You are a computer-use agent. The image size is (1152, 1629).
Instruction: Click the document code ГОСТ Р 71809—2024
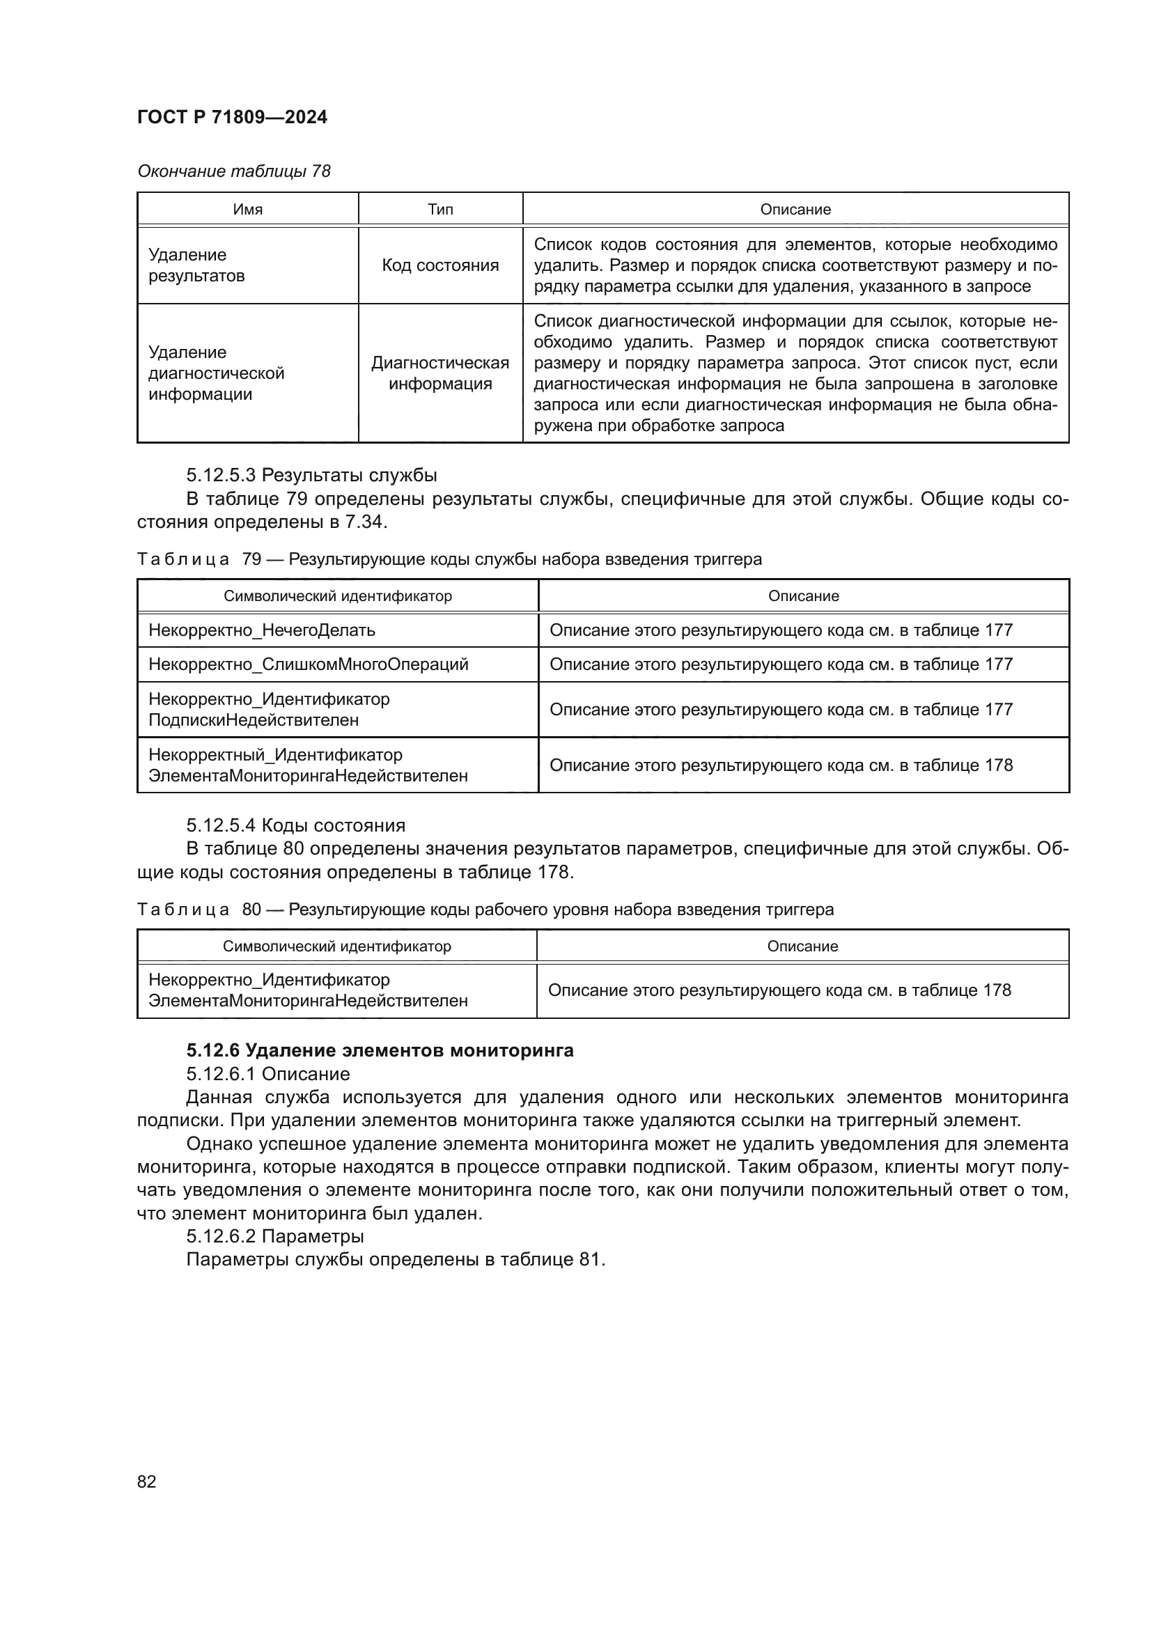tap(232, 117)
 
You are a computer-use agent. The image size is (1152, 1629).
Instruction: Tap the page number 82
tap(147, 1481)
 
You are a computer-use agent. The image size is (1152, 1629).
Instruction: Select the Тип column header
tap(439, 210)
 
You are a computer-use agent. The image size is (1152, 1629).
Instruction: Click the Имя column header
tap(247, 210)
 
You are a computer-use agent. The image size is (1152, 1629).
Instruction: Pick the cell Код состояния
tap(439, 265)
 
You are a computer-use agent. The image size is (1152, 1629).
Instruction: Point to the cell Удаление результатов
tap(196, 265)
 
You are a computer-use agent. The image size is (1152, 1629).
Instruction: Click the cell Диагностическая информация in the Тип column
tap(439, 373)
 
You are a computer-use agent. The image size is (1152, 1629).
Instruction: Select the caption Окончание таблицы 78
tap(234, 171)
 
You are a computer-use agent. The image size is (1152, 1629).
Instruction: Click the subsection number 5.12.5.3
tap(221, 475)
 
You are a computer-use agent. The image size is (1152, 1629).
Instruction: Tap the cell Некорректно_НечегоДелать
tap(262, 630)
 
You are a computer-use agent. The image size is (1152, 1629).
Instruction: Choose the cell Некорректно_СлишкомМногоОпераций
tap(309, 664)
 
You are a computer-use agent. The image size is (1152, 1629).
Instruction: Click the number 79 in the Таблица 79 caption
tap(251, 559)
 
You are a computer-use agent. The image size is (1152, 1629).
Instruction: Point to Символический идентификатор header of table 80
tap(337, 946)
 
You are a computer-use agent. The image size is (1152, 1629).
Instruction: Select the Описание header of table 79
tap(803, 596)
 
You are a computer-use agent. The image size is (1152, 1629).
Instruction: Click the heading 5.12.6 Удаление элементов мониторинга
tap(380, 1050)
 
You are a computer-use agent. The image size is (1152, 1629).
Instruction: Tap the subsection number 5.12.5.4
tap(221, 825)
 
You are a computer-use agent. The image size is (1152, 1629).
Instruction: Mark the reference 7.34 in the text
tap(367, 522)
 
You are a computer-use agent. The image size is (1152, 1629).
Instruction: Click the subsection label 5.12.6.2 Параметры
tap(274, 1236)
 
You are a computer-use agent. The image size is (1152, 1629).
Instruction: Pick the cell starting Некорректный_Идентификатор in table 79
tap(308, 765)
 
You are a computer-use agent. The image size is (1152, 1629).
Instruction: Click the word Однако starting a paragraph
tap(219, 1144)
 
